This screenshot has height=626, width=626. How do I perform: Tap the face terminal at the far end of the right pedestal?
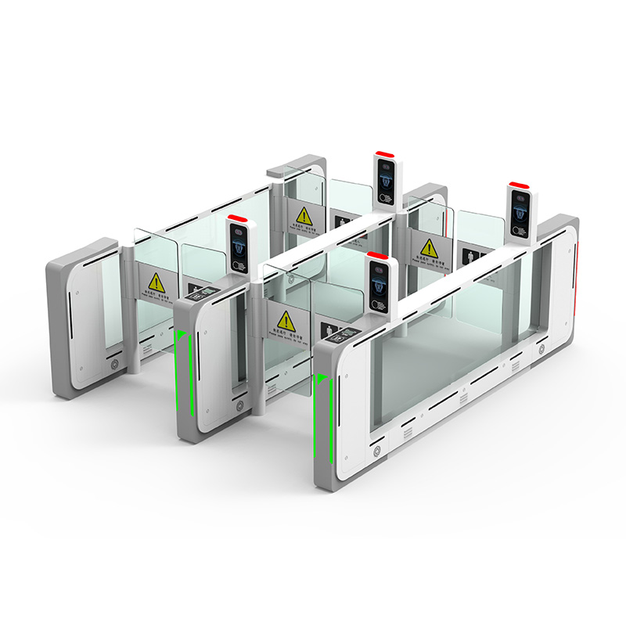coord(520,212)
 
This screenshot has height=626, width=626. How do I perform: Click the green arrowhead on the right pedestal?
coord(321,381)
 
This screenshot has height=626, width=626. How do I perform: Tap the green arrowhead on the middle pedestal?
coord(181,336)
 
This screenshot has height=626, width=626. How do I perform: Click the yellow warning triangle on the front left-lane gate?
coord(156,281)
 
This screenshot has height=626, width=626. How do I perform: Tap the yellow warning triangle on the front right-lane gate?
coord(285,320)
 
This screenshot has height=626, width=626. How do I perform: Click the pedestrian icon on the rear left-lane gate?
coord(342,223)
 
